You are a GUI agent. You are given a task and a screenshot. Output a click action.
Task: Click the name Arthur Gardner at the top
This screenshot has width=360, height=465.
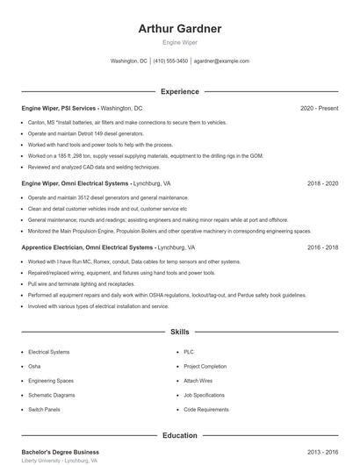[x=180, y=29]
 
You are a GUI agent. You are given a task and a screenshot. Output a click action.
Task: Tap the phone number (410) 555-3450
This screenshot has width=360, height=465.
[x=170, y=61]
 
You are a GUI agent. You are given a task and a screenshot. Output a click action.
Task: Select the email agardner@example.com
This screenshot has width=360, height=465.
[x=221, y=61]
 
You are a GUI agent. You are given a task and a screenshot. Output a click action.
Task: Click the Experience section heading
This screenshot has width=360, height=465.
[x=180, y=91]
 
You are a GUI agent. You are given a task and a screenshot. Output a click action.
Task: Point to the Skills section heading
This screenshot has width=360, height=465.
[x=180, y=333]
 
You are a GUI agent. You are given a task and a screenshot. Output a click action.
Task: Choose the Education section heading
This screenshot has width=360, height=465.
[x=180, y=435]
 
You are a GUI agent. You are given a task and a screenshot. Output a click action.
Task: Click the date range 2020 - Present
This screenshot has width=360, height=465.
[x=319, y=108]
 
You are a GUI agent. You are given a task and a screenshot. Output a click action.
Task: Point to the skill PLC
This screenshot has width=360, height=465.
[x=190, y=352]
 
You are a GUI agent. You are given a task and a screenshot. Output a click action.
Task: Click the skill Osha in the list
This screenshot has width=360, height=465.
[x=34, y=366]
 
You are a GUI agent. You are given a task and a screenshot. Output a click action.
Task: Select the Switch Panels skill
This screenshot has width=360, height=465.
[x=44, y=410]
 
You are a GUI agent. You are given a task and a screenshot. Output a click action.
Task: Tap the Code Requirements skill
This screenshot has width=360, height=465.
[x=206, y=410]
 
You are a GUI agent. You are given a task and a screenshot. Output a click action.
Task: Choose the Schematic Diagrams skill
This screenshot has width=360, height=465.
[x=51, y=395]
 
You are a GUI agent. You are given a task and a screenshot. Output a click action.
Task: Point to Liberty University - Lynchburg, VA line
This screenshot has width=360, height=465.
[x=59, y=461]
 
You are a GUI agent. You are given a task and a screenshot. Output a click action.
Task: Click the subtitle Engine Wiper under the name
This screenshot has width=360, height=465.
[x=180, y=42]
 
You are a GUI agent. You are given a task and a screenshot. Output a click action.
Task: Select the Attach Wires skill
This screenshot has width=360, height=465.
[x=198, y=381]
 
